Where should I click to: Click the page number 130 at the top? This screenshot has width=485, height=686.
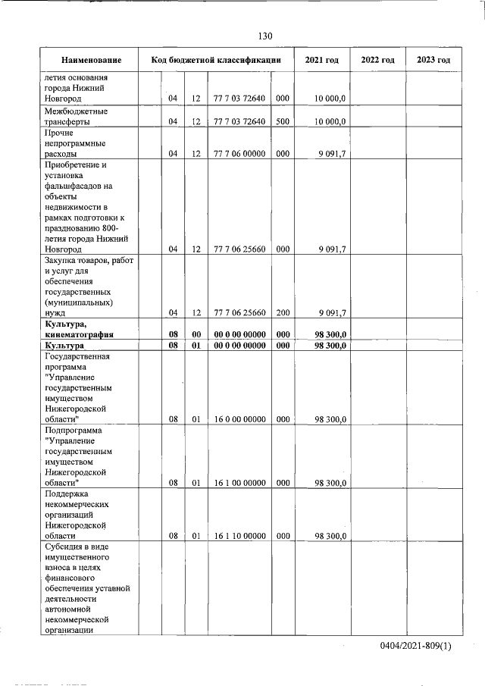(x=264, y=36)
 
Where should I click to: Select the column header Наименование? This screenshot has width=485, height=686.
(x=91, y=60)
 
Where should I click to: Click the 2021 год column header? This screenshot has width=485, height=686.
(x=321, y=60)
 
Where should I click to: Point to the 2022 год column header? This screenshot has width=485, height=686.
(x=377, y=60)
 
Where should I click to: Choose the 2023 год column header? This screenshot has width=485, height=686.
(x=433, y=60)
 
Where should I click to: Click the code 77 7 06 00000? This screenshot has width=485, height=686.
(x=239, y=153)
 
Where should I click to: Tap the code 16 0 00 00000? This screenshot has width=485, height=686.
(x=239, y=419)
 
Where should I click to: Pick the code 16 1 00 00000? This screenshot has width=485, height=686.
(x=239, y=482)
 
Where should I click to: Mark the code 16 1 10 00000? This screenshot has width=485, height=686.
(x=239, y=536)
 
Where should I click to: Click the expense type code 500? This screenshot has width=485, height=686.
(x=282, y=121)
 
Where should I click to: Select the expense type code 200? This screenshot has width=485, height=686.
(x=282, y=312)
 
